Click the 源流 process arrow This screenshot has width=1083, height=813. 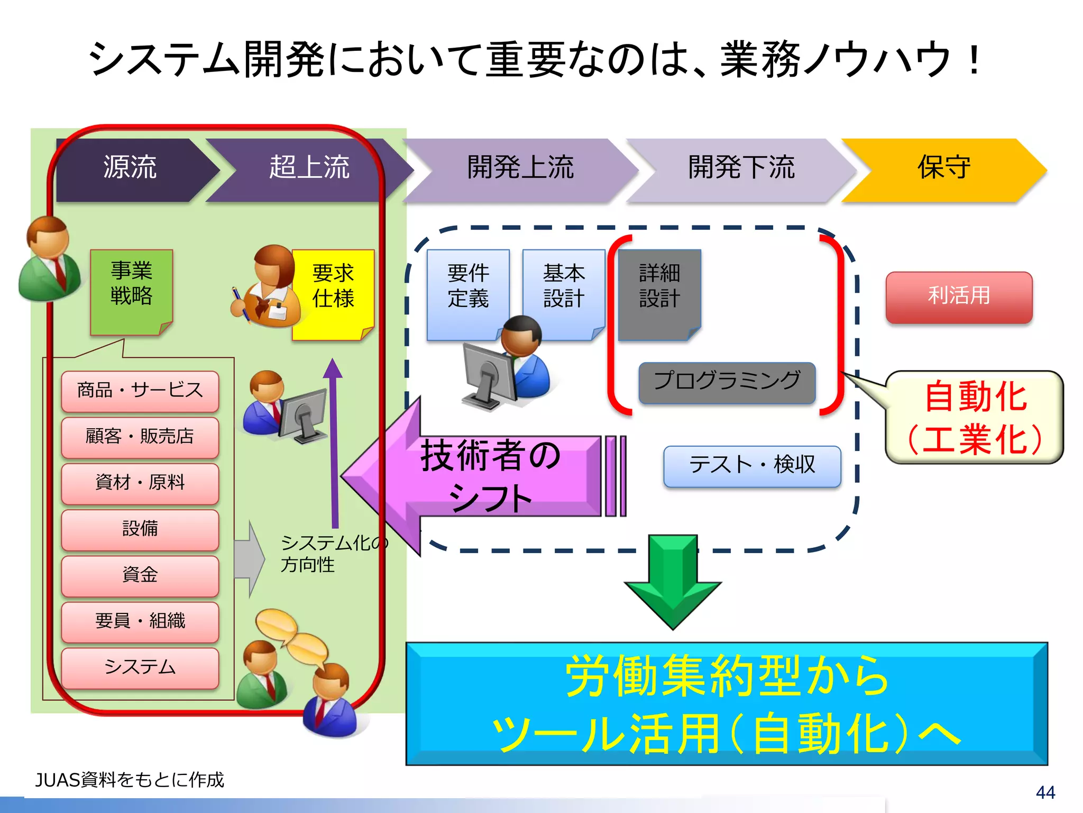130,169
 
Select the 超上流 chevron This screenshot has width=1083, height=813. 309,169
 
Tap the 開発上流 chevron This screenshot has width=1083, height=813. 521,169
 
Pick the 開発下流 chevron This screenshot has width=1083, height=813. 740,169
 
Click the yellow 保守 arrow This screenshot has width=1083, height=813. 944,169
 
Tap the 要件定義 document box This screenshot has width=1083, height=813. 467,288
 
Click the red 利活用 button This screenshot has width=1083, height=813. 959,297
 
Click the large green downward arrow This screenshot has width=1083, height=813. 673,582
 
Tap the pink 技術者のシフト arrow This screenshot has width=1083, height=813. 487,476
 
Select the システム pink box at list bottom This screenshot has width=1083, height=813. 140,667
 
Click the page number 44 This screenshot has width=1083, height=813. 1045,792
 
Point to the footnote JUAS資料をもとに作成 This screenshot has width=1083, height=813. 130,780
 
